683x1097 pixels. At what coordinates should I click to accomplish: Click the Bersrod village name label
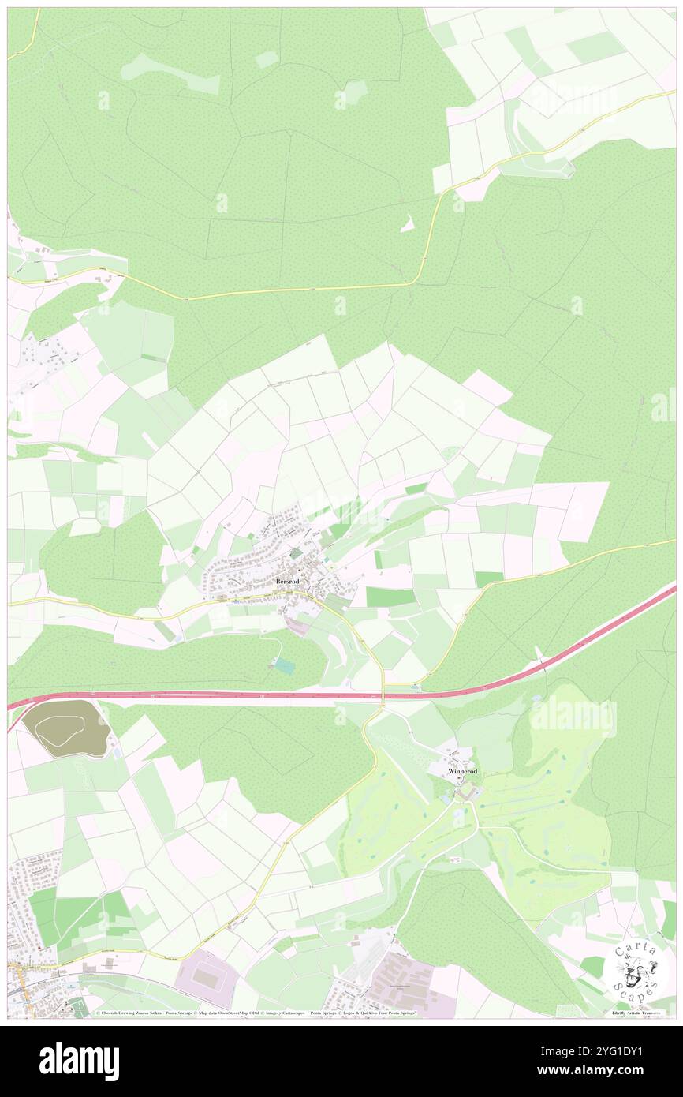288,581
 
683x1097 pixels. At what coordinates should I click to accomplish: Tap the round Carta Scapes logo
636,970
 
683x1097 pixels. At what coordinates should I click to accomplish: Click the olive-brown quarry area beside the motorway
65,728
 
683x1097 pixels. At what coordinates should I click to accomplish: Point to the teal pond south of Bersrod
284,666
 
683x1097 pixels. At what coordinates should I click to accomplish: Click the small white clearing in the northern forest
408,225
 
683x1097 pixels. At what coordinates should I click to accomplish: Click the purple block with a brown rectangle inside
207,978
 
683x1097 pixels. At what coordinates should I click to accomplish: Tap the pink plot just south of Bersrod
297,626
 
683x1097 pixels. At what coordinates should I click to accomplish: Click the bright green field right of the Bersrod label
390,597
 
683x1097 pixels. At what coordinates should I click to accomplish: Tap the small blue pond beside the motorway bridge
416,687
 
